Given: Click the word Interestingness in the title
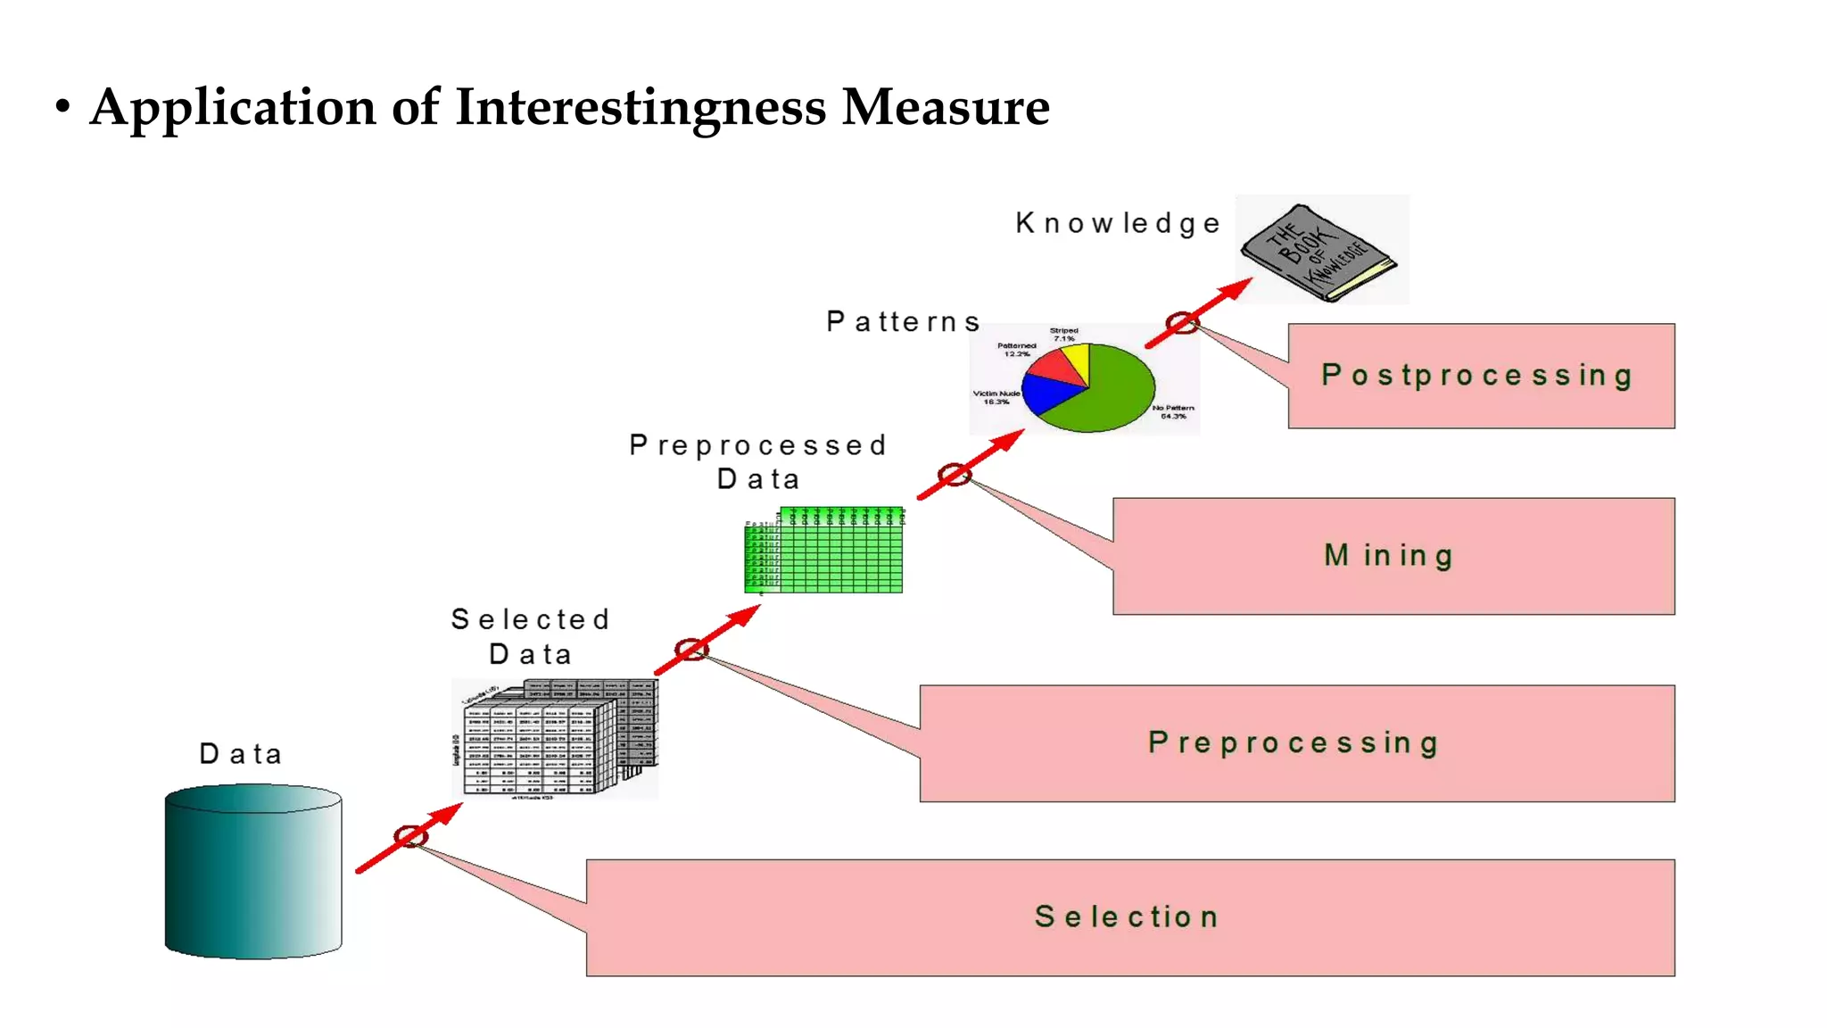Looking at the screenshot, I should (x=641, y=107).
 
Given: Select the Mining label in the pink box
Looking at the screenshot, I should (x=1388, y=556).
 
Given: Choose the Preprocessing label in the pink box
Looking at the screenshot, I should (x=1294, y=742).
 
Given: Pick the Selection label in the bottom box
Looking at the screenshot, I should (x=1127, y=916).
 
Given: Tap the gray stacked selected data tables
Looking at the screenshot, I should (x=555, y=739).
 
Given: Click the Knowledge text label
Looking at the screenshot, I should (x=1117, y=223).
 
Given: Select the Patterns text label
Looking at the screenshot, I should (x=903, y=321).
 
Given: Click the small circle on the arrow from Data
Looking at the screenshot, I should (x=410, y=836).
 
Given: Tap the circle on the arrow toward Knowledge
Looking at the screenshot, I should (x=1182, y=323).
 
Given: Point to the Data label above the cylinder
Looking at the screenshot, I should (x=240, y=754).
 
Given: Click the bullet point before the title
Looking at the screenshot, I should (x=62, y=107).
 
